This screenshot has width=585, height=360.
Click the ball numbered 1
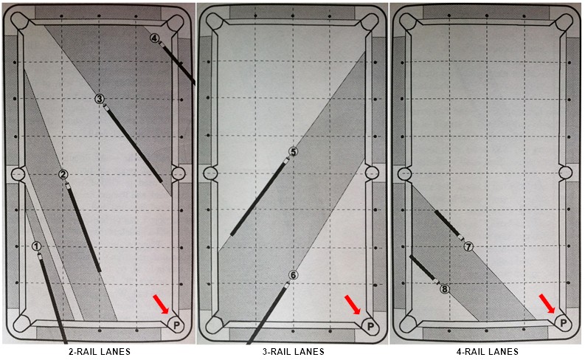pos(36,246)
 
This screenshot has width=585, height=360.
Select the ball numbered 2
pos(63,174)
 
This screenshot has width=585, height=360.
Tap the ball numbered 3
pos(100,99)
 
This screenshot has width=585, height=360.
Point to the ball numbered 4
pos(155,38)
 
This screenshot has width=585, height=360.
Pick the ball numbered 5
pos(294,151)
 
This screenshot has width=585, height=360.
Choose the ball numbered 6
pos(294,275)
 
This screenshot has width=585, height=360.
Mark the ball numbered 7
pos(468,246)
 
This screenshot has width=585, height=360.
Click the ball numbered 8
pos(444,289)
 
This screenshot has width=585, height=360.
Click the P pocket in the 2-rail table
pos(176,325)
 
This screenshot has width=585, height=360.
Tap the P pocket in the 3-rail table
pos(370,326)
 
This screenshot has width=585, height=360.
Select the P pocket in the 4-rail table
pos(564,322)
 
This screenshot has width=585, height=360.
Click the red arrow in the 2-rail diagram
pos(161,304)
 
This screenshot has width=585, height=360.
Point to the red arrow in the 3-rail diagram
pos(352,305)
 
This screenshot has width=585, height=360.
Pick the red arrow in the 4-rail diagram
pos(547,303)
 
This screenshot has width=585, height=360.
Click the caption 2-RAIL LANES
pos(100,351)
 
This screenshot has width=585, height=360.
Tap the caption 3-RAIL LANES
pos(294,351)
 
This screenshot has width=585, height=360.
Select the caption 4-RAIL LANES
pos(487,351)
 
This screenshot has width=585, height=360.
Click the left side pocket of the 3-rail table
pos(210,173)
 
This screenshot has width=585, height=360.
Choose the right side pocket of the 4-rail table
pos(566,173)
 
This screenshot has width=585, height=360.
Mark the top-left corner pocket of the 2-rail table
pos(19,21)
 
